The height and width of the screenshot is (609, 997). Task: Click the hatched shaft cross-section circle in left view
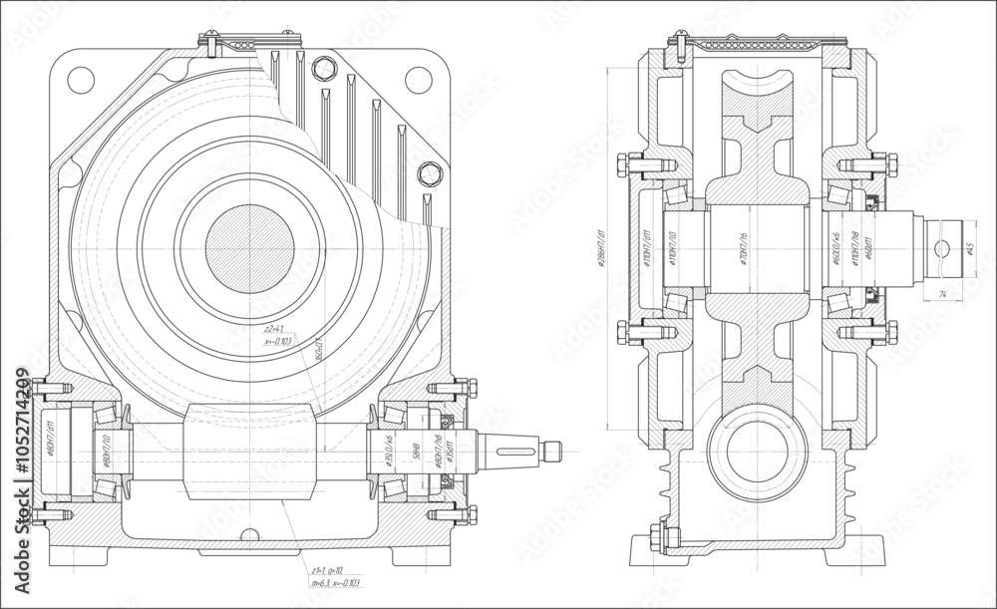(x=249, y=248)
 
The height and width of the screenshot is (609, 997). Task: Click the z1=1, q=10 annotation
(x=328, y=565)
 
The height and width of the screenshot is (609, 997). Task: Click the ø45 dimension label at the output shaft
(x=970, y=249)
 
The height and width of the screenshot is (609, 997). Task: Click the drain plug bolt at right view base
(x=658, y=534)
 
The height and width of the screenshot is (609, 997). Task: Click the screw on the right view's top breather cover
(x=675, y=42)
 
